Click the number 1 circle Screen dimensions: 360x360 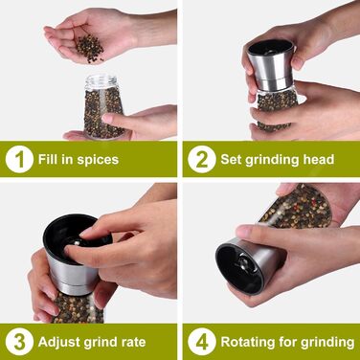(x=19, y=159)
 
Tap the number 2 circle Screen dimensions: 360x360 (x=202, y=159)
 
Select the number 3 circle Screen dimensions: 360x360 (x=19, y=341)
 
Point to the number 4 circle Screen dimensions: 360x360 (x=202, y=341)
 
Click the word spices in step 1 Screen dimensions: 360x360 (x=98, y=160)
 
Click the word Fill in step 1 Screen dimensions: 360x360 (x=48, y=159)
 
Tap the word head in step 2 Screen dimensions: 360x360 (x=318, y=159)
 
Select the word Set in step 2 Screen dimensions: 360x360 (x=231, y=159)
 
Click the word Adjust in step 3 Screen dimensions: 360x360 (x=58, y=342)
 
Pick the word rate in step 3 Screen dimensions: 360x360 (x=133, y=342)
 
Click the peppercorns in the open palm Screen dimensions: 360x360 (x=90, y=48)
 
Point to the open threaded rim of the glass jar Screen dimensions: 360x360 (x=101, y=80)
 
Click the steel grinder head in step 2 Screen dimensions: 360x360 (x=271, y=65)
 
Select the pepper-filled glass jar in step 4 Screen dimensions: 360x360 (x=296, y=207)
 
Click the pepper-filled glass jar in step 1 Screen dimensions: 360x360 (x=102, y=107)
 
